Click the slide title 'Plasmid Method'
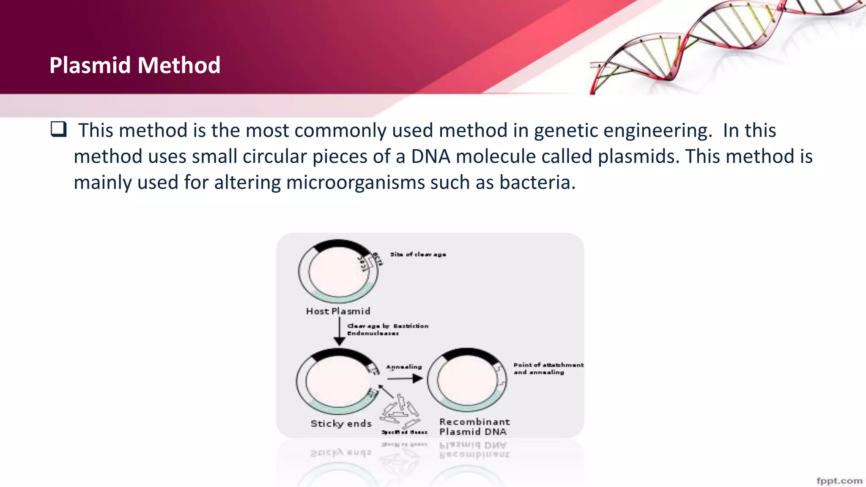pyautogui.click(x=134, y=66)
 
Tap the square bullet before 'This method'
pyautogui.click(x=58, y=129)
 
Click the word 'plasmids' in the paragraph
pyautogui.click(x=638, y=156)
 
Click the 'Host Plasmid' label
pyautogui.click(x=338, y=311)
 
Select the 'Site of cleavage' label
pyautogui.click(x=418, y=254)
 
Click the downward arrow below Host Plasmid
pyautogui.click(x=339, y=332)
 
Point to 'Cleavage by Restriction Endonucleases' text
pyautogui.click(x=387, y=329)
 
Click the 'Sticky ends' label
pyautogui.click(x=341, y=424)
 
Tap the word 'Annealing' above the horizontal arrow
pyautogui.click(x=404, y=367)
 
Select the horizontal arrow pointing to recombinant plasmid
pyautogui.click(x=405, y=378)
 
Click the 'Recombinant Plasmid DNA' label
pyautogui.click(x=474, y=427)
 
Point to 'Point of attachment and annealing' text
pyautogui.click(x=548, y=368)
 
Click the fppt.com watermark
pyautogui.click(x=839, y=481)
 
